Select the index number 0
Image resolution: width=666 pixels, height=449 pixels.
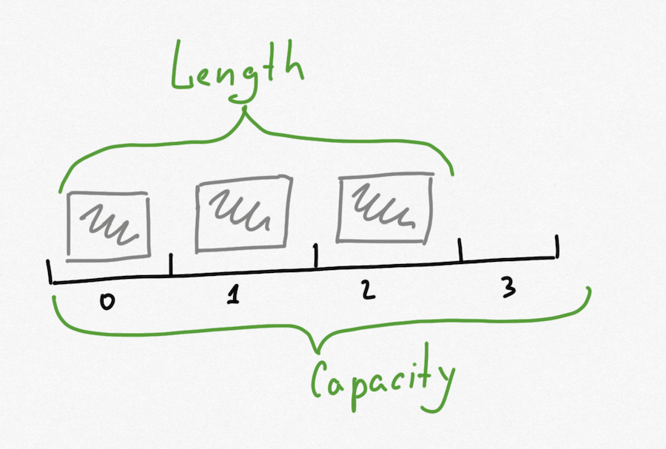[109, 301]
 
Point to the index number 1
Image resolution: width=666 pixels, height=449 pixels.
[234, 295]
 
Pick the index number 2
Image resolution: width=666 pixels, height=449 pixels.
[369, 291]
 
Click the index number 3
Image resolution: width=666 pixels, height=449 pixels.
[508, 289]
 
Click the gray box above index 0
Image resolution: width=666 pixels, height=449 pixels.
[108, 224]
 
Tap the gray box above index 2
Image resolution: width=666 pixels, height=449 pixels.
[384, 207]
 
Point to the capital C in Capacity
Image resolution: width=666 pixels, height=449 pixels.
[320, 378]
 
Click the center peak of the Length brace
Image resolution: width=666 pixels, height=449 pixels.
[245, 111]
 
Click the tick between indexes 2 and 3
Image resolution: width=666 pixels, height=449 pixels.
[460, 249]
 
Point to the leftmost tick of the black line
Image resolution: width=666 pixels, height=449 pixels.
[50, 272]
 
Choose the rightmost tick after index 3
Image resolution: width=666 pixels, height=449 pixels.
[556, 246]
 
